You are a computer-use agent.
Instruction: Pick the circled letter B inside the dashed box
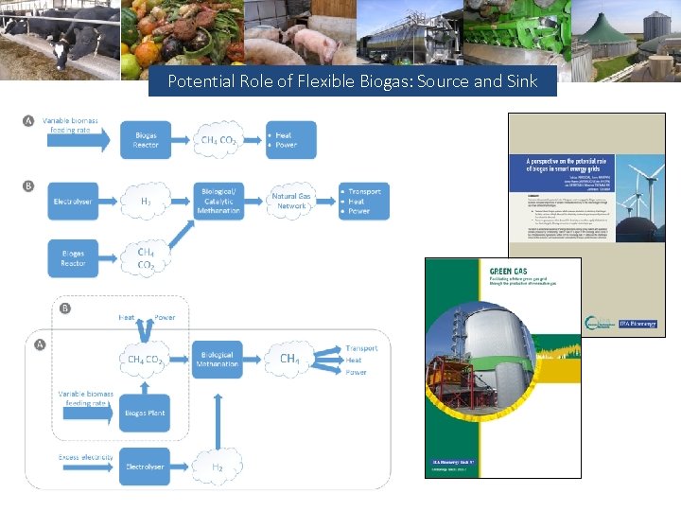click(x=65, y=308)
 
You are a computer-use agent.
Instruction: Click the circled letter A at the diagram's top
click(x=28, y=121)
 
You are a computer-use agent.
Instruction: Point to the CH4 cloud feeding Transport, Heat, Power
click(x=290, y=359)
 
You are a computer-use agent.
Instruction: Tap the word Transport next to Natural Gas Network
click(x=364, y=191)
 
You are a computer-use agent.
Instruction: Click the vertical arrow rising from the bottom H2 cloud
click(x=218, y=415)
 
